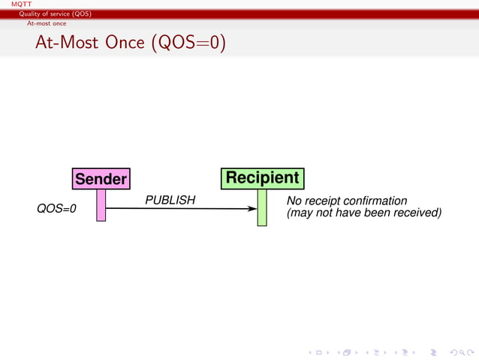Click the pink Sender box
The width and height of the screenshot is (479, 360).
click(x=101, y=179)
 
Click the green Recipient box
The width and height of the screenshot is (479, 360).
click(x=262, y=178)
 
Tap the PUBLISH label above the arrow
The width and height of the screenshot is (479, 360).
click(x=170, y=201)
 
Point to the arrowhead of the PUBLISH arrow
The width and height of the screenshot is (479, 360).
click(x=252, y=209)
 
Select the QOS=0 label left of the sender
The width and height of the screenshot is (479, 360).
click(x=57, y=210)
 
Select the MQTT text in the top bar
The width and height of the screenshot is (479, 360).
click(x=11, y=5)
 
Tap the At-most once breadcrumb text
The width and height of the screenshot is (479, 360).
click(x=47, y=23)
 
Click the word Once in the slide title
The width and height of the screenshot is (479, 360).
click(x=125, y=43)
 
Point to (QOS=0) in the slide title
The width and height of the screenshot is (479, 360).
click(x=188, y=43)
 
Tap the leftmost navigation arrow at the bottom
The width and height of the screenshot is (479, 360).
click(x=311, y=351)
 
